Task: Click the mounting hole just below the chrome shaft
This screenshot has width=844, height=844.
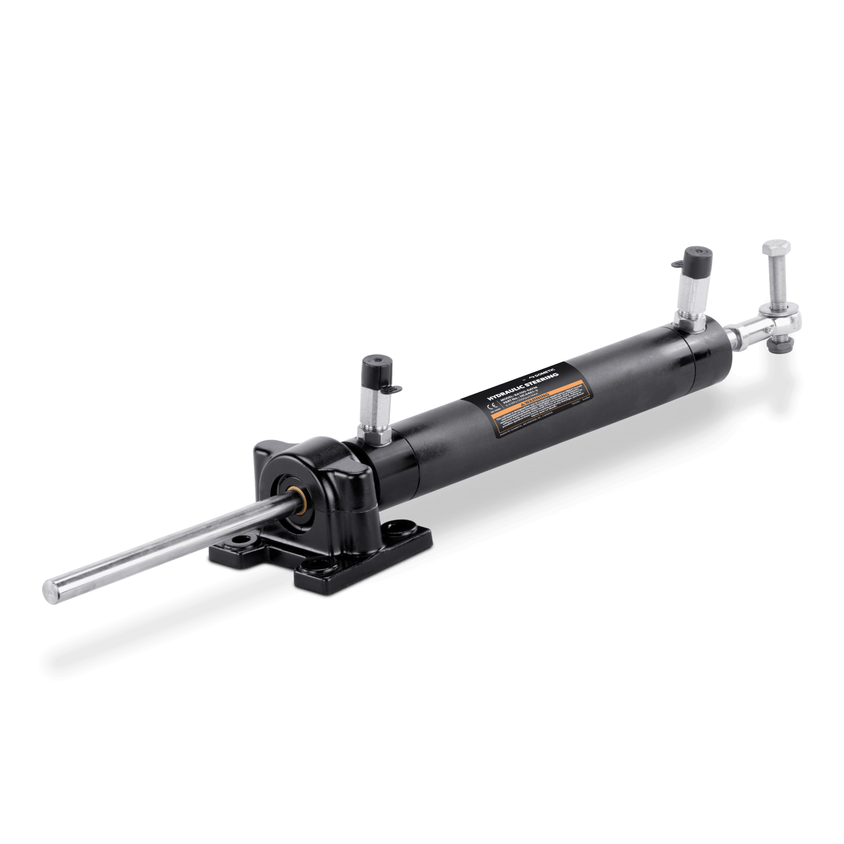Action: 241,539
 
